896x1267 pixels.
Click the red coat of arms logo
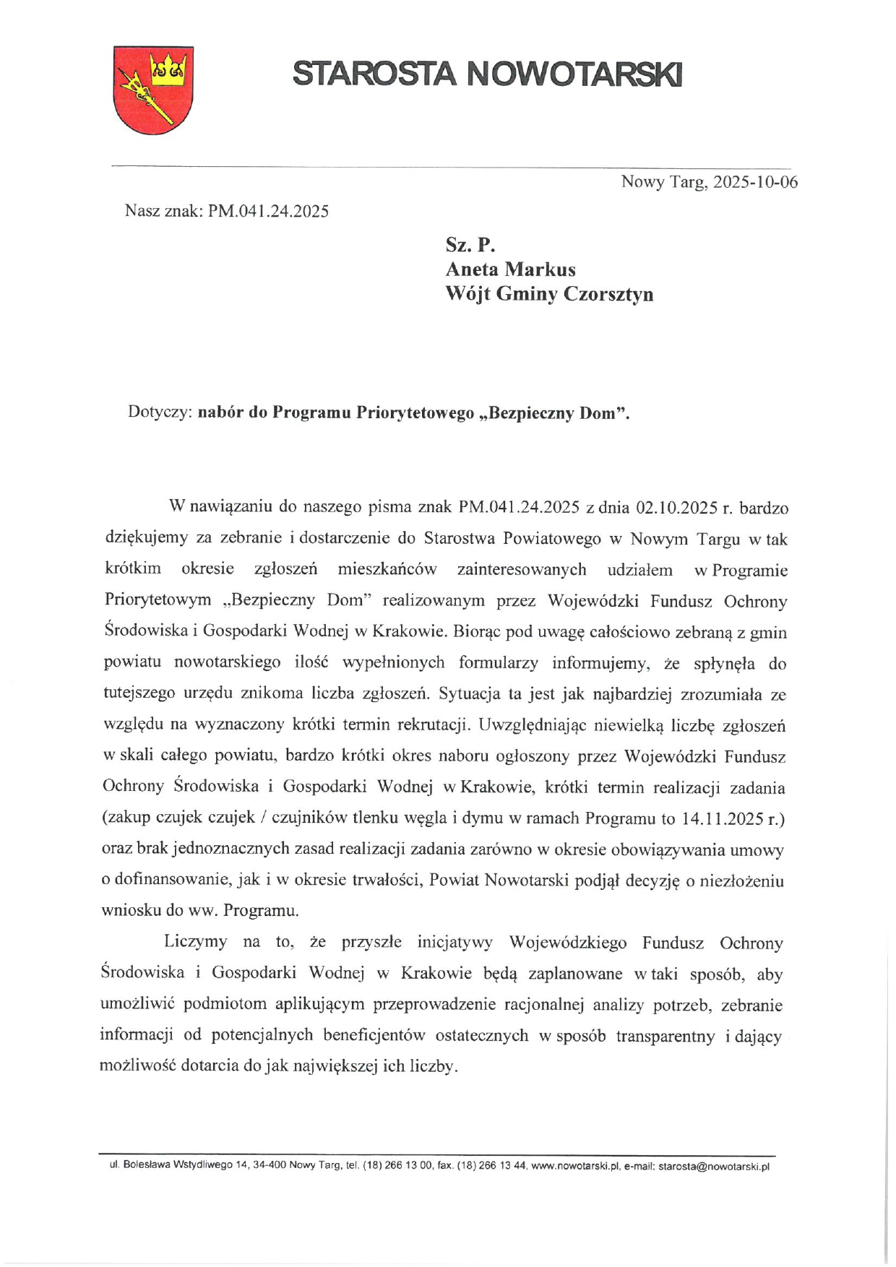tap(153, 90)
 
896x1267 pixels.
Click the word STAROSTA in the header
tap(374, 74)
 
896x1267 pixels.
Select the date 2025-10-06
tap(755, 182)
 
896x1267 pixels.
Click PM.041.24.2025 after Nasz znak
tap(268, 211)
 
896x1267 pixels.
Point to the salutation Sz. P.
tap(470, 245)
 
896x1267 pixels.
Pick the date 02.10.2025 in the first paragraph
tap(676, 508)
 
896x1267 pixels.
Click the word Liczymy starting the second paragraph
tap(195, 942)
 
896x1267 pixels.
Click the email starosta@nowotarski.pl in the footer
tap(714, 1166)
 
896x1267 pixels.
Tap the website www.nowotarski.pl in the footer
tap(576, 1166)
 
